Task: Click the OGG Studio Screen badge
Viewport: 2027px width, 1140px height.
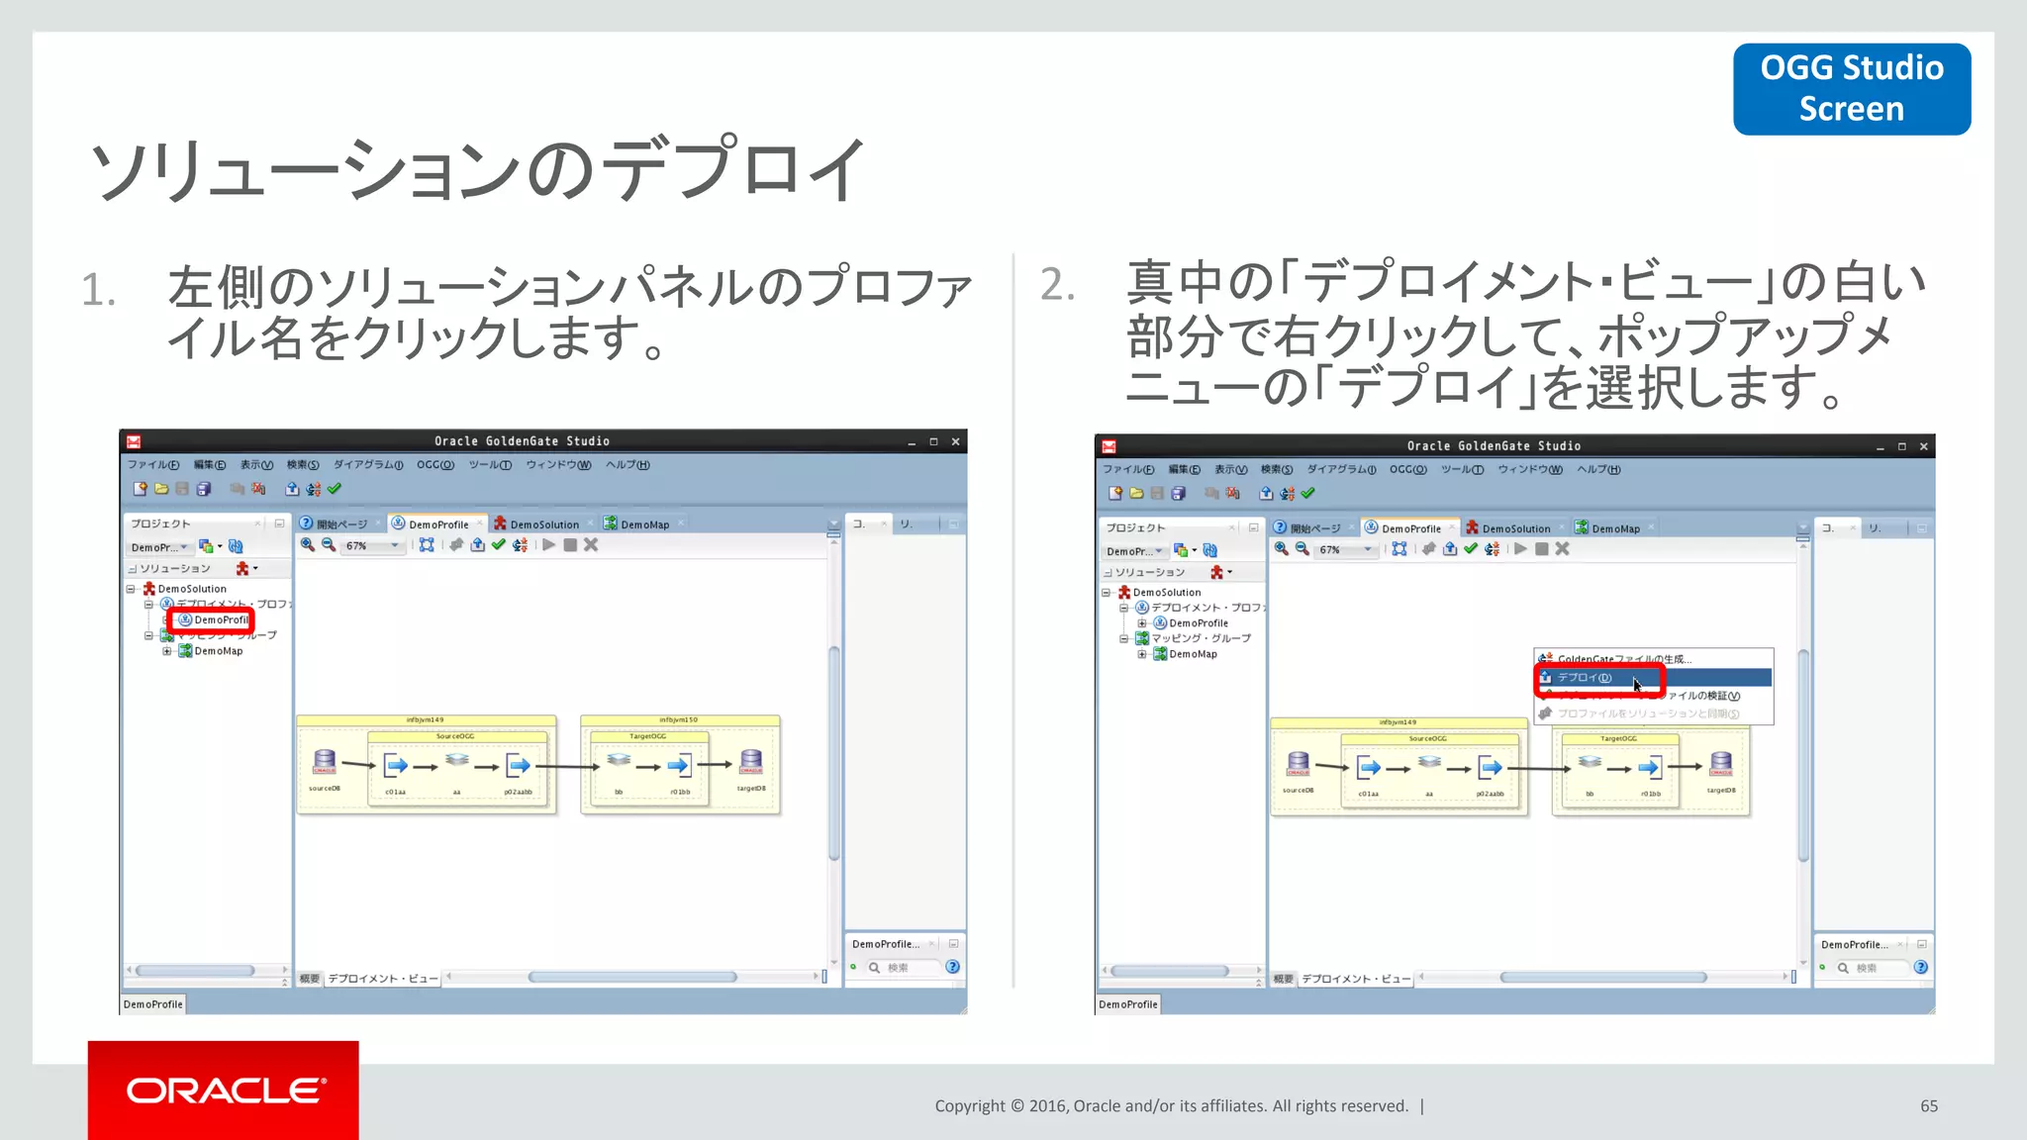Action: [x=1851, y=88]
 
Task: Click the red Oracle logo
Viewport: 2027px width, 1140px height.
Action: [x=224, y=1090]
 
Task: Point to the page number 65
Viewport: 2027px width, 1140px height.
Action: [x=1928, y=1105]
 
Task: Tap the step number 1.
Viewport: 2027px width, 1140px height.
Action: [x=99, y=290]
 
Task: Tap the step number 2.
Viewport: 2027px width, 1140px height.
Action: [x=1057, y=285]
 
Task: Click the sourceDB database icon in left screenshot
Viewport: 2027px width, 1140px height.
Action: [x=325, y=762]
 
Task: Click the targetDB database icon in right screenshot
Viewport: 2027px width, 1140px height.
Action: [x=1721, y=763]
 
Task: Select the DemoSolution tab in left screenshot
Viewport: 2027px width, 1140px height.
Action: [x=543, y=524]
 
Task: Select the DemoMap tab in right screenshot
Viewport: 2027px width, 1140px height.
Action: [x=1614, y=528]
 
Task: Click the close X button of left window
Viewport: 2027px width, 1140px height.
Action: [x=955, y=441]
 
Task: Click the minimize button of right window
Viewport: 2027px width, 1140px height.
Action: [x=1880, y=447]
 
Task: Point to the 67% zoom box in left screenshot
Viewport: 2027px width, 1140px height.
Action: [x=370, y=545]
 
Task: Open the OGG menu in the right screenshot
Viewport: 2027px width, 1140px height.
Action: [x=1407, y=469]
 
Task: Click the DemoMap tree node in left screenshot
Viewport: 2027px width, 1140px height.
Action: [x=218, y=651]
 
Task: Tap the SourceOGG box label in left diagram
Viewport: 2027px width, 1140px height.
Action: [x=455, y=736]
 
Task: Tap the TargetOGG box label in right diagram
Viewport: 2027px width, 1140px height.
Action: [x=1618, y=738]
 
